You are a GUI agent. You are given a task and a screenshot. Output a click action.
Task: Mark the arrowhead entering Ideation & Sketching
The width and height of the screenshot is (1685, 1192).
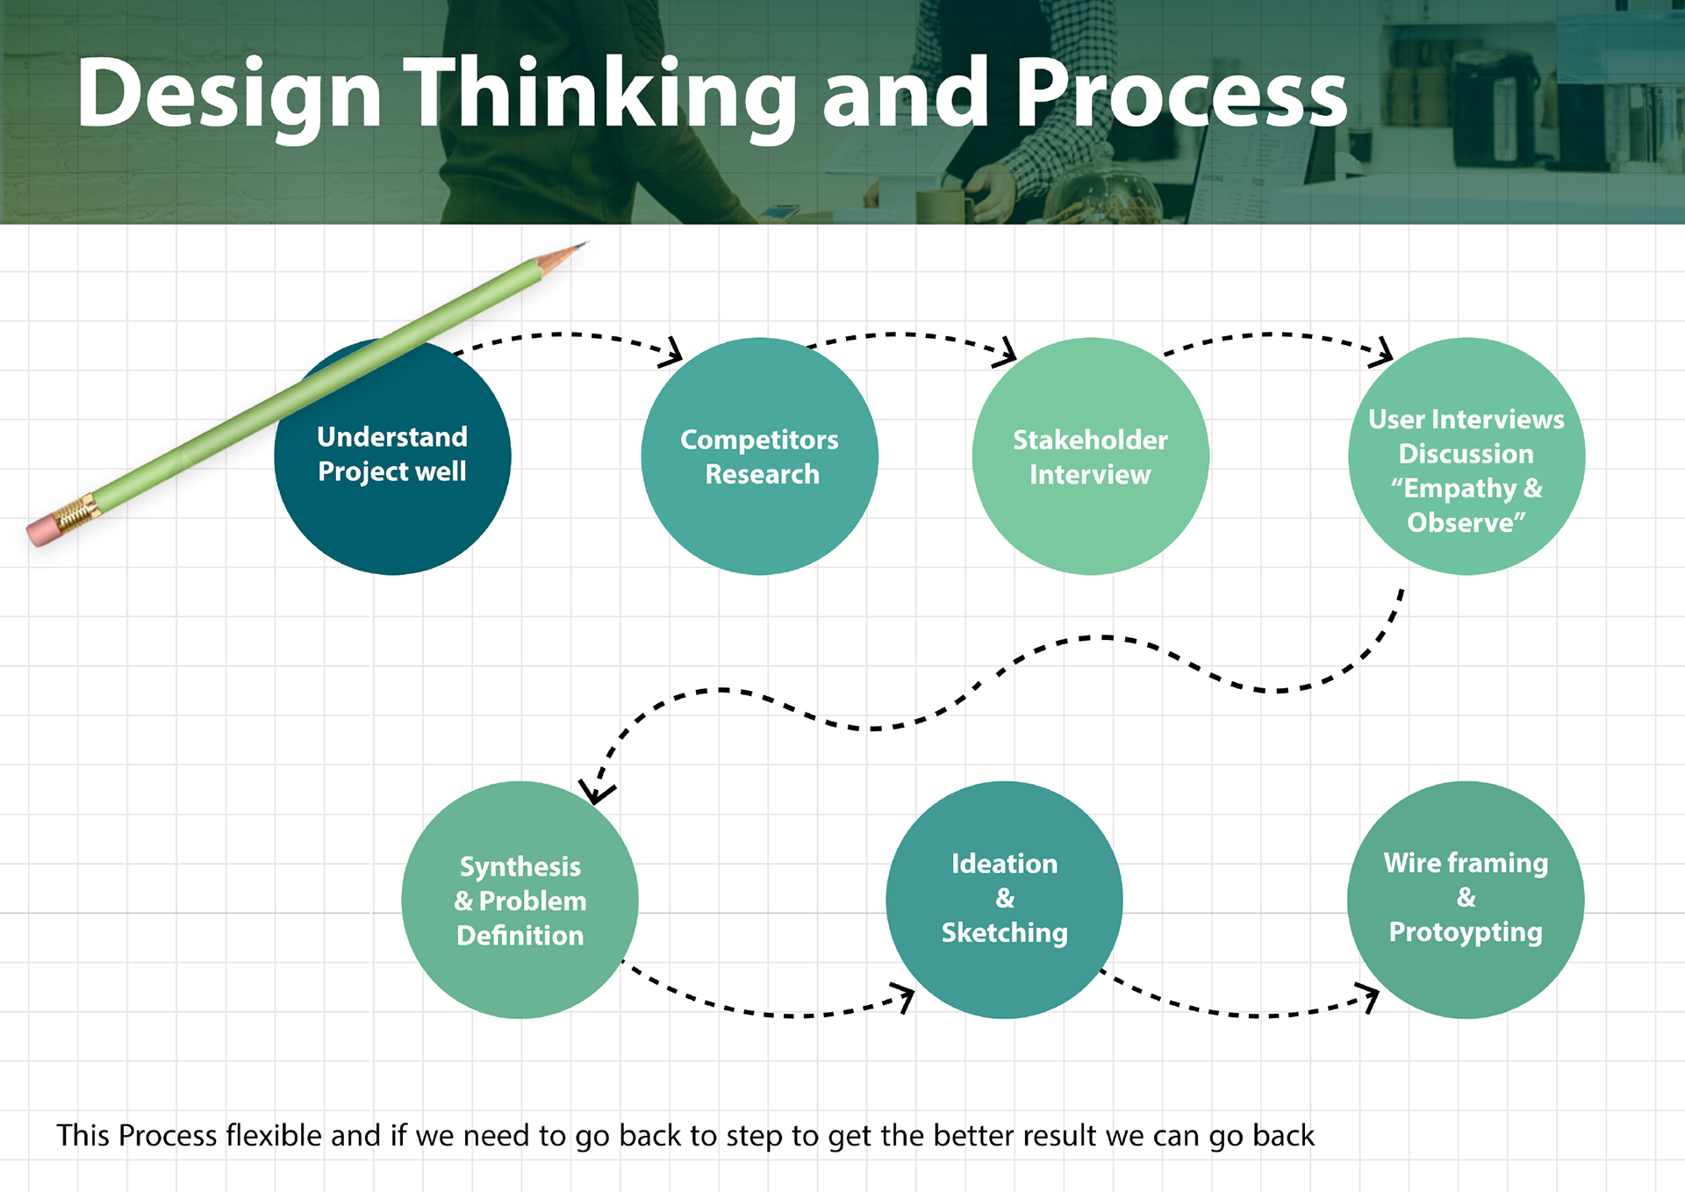905,997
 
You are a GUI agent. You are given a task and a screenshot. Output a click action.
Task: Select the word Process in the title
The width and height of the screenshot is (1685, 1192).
1180,93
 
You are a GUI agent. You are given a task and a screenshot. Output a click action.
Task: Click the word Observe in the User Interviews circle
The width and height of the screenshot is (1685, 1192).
1461,523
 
